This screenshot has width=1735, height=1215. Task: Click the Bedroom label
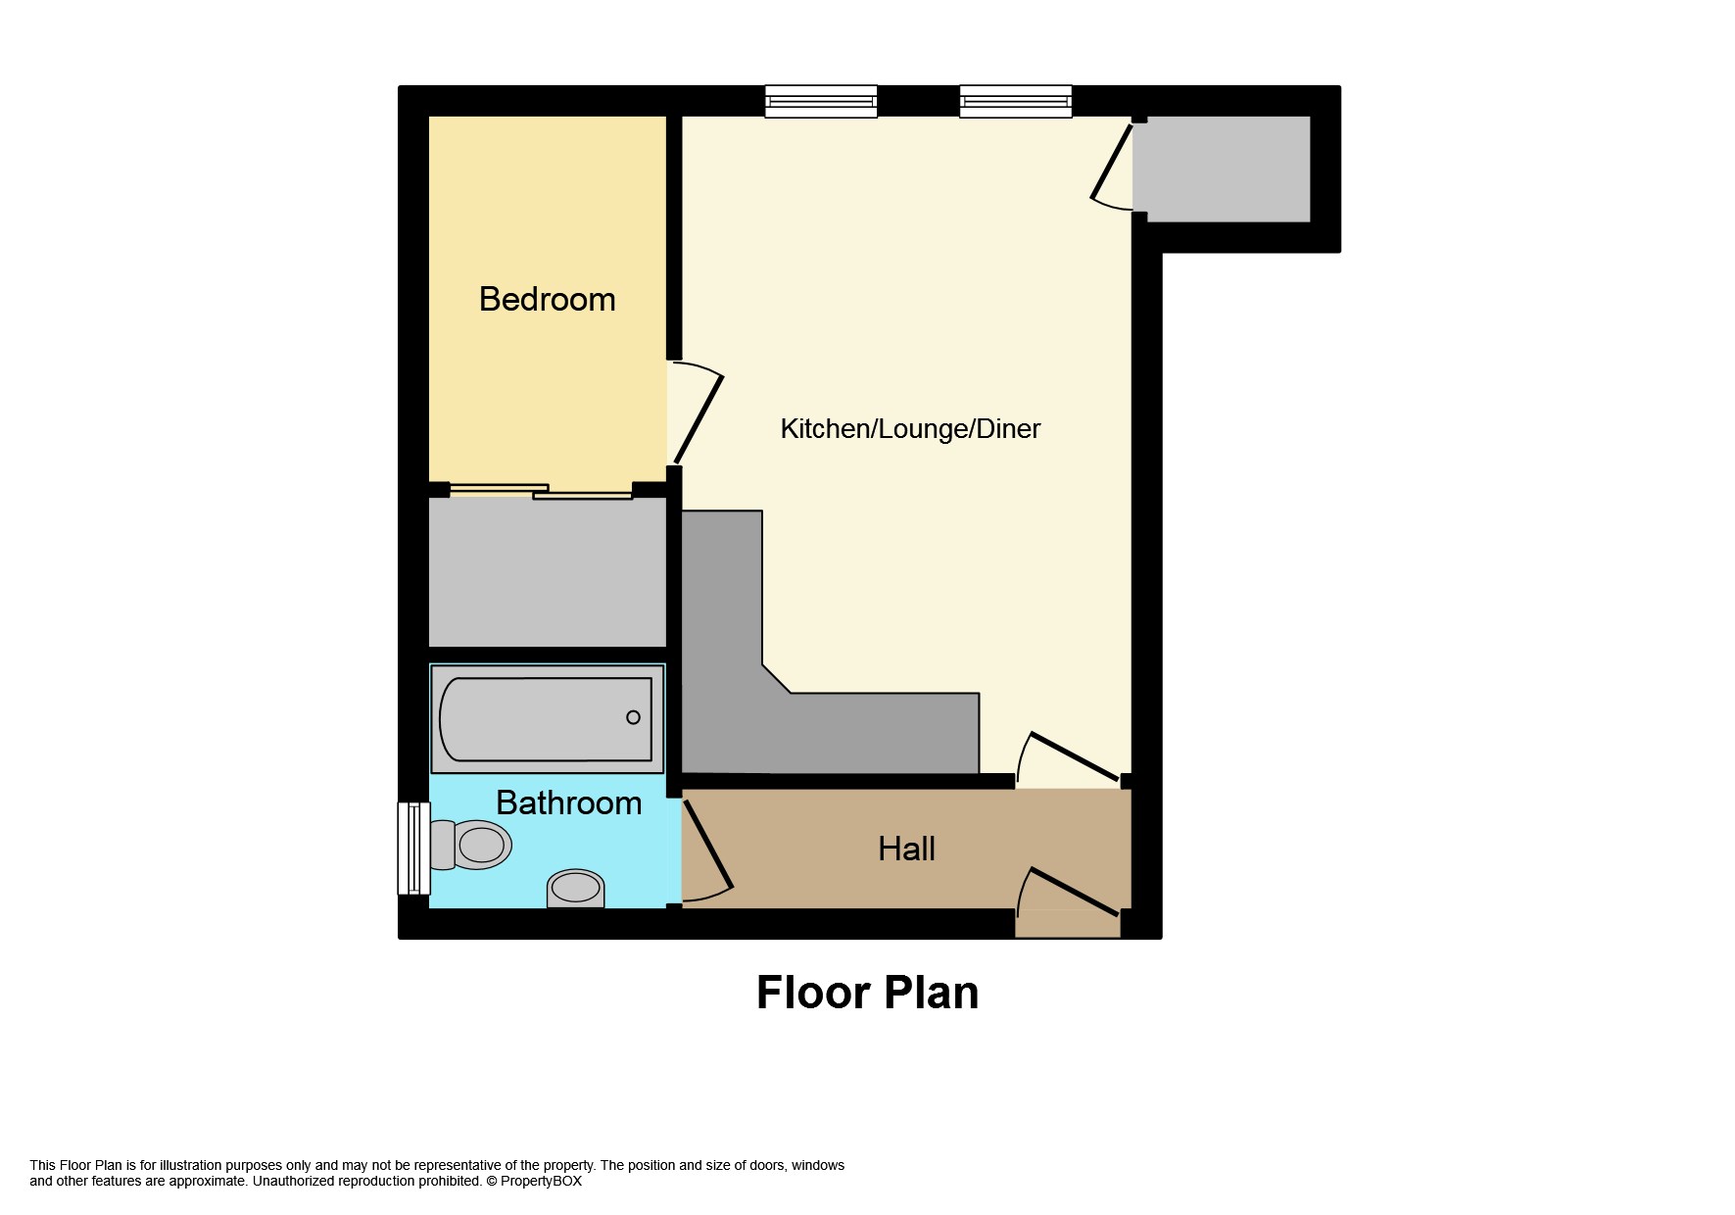point(547,299)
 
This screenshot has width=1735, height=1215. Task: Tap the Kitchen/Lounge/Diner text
point(910,428)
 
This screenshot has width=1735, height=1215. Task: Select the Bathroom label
point(569,802)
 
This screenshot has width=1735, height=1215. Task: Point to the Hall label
point(906,849)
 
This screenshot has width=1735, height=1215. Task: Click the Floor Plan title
point(867,993)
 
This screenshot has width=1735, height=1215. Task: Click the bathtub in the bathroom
point(547,719)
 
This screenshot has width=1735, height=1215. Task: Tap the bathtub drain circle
point(633,717)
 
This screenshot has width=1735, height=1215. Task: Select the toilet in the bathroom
point(470,844)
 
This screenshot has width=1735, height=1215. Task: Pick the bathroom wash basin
point(575,888)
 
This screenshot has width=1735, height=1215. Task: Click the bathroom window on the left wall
point(413,848)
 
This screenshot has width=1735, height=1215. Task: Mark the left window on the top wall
point(820,102)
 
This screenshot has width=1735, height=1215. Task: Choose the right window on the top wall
point(1015,102)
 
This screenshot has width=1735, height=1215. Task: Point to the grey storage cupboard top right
point(1222,169)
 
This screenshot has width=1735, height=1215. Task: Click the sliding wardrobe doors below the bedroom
point(541,492)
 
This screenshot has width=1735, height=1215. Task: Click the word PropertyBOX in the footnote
point(541,1181)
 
